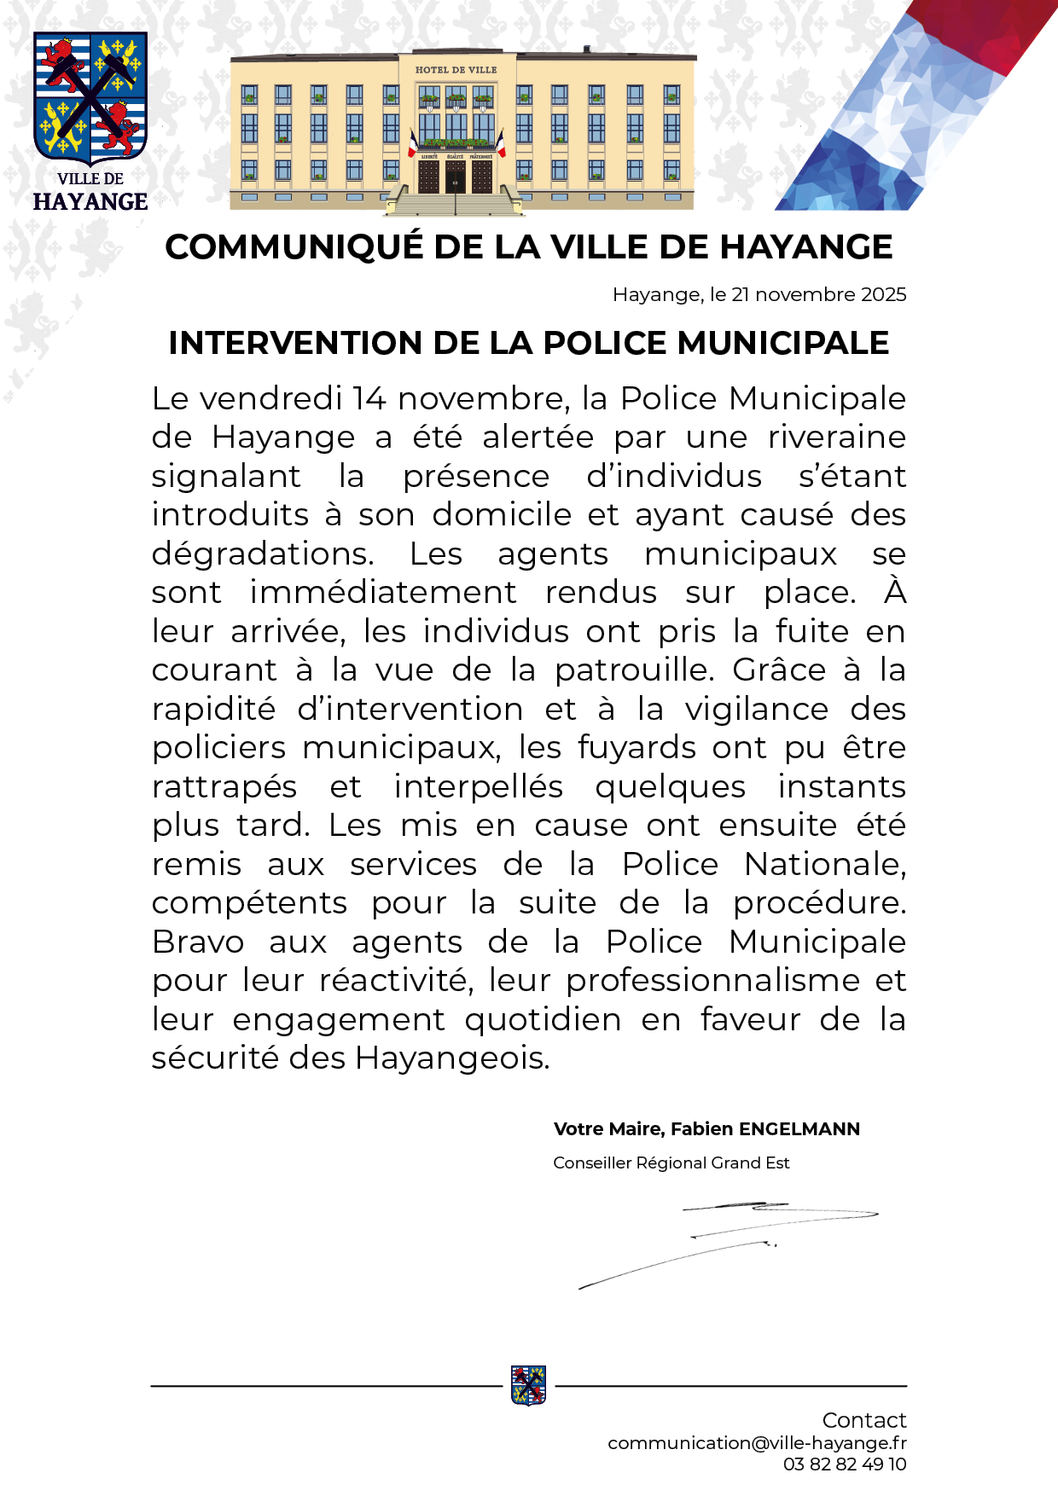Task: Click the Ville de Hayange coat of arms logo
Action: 90,98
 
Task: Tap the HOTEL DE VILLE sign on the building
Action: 456,69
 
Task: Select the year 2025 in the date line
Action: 883,294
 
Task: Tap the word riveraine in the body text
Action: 836,437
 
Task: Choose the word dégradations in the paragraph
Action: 263,554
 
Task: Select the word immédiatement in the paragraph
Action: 382,592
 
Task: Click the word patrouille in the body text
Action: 634,670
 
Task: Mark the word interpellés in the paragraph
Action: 478,786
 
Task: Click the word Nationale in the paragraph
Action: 824,864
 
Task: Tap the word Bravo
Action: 198,942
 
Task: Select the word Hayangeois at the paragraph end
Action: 452,1058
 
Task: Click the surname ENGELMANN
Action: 799,1129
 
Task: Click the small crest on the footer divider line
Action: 528,1385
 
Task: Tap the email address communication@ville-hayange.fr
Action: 757,1442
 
